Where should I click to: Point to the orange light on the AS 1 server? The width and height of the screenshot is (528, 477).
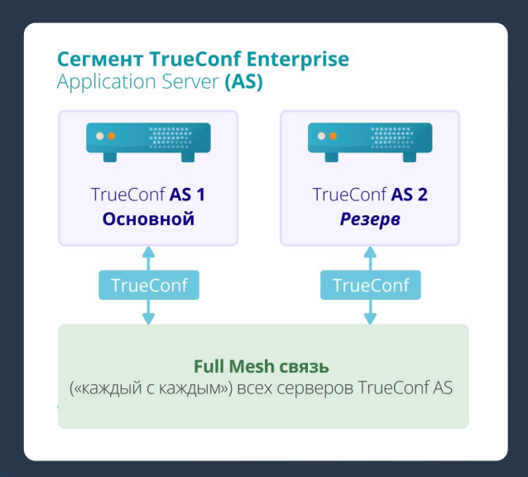pyautogui.click(x=111, y=135)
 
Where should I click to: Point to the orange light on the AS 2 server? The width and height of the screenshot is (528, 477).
pyautogui.click(x=333, y=135)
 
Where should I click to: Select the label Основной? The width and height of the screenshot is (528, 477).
pyautogui.click(x=148, y=219)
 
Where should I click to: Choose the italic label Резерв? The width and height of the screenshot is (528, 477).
pyautogui.click(x=370, y=219)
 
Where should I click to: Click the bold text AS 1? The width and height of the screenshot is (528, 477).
pyautogui.click(x=188, y=195)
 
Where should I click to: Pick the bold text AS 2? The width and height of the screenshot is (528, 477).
pyautogui.click(x=409, y=195)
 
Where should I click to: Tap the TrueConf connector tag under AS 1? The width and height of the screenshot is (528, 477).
pyautogui.click(x=149, y=286)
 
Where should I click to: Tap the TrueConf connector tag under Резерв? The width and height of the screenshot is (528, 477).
pyautogui.click(x=371, y=286)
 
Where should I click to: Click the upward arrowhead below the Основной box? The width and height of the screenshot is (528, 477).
pyautogui.click(x=149, y=252)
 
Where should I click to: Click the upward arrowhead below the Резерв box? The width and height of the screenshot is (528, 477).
pyautogui.click(x=371, y=252)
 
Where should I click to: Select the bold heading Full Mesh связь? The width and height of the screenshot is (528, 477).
pyautogui.click(x=262, y=366)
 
